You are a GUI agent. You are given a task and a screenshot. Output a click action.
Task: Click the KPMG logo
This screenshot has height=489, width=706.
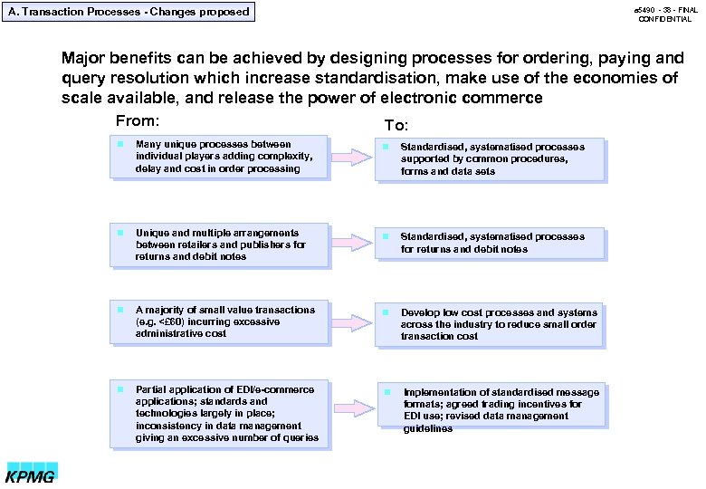coord(33,474)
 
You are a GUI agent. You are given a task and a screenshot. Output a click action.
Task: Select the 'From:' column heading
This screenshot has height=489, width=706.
coord(138,121)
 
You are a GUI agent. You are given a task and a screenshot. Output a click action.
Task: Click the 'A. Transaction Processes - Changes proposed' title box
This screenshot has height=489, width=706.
coord(128,12)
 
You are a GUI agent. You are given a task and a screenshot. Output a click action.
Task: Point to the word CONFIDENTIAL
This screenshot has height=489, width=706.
coord(664,19)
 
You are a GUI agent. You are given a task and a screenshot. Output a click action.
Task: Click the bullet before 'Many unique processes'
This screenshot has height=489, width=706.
coord(119,144)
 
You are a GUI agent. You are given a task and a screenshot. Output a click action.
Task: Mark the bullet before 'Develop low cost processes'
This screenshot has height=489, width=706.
coord(385,312)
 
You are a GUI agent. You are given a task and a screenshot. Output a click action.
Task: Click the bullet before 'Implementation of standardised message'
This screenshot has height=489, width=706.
coord(387,392)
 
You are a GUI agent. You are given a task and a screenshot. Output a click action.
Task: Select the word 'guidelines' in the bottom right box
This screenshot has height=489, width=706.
coord(428,428)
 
